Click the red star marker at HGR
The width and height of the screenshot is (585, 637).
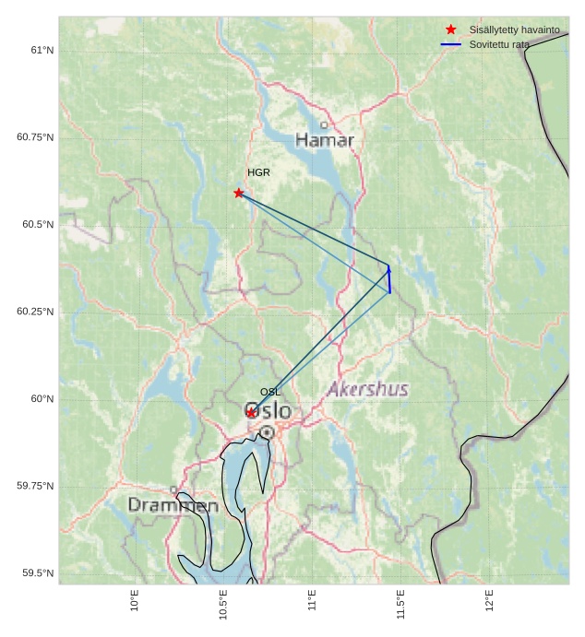(239, 193)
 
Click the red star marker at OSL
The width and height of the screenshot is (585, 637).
(251, 412)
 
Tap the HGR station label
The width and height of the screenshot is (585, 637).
(258, 172)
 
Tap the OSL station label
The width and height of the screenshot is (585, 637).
(270, 392)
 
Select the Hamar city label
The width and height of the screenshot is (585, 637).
(325, 140)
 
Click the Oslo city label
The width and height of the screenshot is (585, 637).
(268, 410)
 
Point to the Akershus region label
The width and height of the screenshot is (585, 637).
(368, 389)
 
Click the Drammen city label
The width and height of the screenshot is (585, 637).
(173, 505)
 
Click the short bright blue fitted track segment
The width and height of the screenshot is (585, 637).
(389, 279)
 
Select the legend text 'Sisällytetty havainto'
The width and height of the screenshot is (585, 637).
(514, 29)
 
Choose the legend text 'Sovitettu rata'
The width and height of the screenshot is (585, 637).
(499, 44)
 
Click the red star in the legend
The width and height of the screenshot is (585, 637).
(450, 29)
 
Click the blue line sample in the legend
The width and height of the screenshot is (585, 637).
(450, 44)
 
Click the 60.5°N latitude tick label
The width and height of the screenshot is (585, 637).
(35, 224)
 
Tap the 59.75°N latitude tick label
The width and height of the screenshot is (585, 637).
(35, 486)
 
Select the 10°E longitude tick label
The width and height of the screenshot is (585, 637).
(135, 600)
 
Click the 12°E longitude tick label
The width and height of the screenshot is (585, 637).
(489, 600)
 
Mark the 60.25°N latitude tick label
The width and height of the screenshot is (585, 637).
(35, 312)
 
